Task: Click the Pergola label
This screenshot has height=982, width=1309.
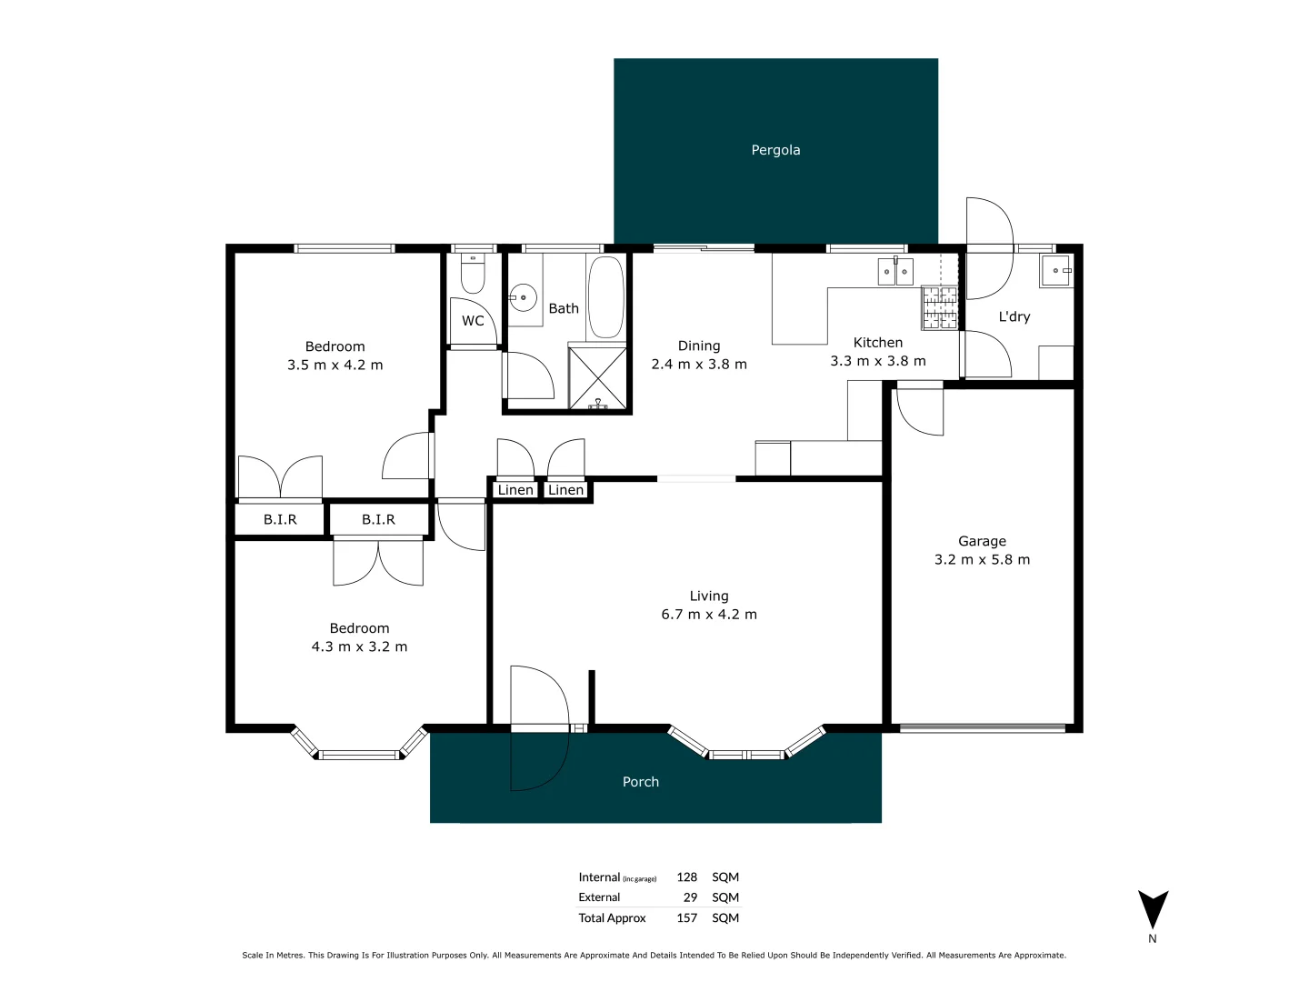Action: point(775,150)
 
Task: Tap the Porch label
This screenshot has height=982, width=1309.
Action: point(641,782)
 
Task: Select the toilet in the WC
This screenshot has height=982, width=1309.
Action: point(473,272)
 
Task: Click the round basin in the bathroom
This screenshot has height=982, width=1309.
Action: point(523,297)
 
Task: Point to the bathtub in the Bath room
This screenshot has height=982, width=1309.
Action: point(605,297)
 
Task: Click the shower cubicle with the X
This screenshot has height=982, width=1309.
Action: point(597,377)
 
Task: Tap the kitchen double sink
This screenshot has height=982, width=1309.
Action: point(895,271)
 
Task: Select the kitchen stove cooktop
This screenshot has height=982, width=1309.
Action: point(940,307)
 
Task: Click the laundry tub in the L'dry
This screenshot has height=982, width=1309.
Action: point(1056,271)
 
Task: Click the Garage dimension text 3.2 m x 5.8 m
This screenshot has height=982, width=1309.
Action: point(982,560)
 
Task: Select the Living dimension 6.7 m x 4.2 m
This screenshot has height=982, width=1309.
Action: point(709,615)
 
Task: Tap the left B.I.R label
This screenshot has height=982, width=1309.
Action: point(280,520)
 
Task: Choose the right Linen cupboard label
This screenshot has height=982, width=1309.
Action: point(565,490)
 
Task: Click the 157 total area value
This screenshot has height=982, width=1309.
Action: point(687,918)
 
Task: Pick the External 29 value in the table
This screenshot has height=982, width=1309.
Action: point(690,897)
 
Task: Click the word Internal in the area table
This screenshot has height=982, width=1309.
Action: point(599,877)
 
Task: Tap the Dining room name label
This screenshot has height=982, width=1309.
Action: point(699,346)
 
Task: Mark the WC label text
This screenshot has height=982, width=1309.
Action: point(473,321)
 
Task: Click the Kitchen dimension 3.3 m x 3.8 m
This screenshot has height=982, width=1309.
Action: point(878,361)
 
